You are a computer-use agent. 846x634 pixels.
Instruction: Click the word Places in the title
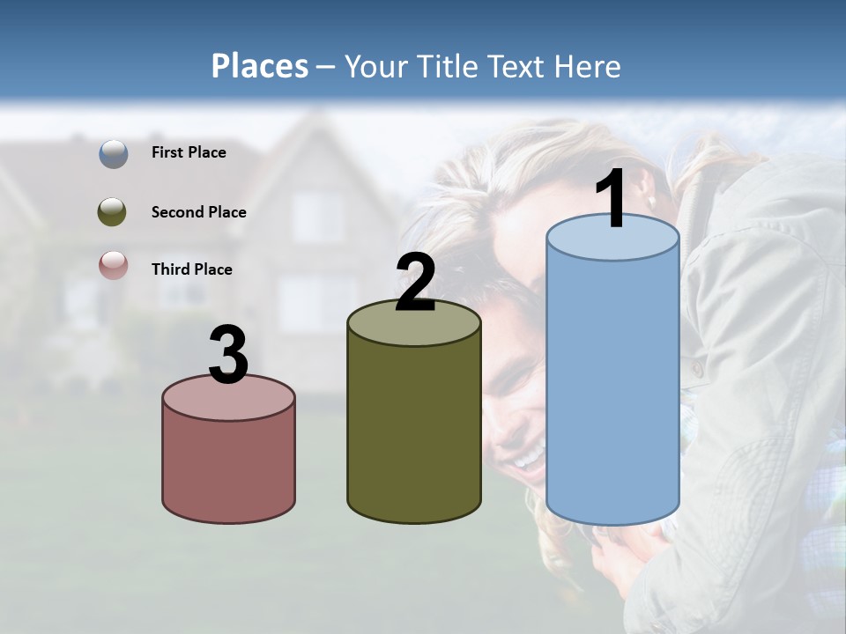point(260,66)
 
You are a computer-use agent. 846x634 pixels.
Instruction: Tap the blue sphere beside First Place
point(114,153)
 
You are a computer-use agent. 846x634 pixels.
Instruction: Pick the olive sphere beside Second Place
point(112,212)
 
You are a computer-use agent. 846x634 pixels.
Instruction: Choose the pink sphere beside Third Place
point(113,265)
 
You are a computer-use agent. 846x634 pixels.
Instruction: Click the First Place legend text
point(189,152)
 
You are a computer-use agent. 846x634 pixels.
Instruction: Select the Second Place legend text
point(198,212)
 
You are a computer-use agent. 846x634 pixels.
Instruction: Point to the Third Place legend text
point(192,269)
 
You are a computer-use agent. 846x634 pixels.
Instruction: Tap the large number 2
point(415,282)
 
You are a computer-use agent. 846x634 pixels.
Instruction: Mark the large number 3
point(228,355)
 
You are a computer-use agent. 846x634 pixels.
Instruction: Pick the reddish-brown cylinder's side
point(228,467)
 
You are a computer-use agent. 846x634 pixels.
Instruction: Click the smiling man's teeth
point(529,458)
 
